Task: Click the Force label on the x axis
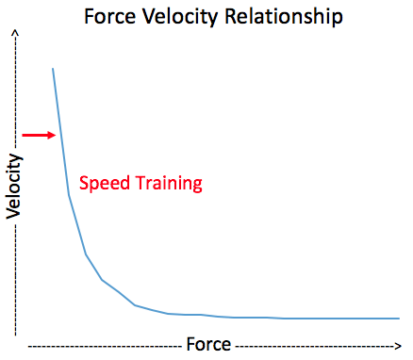click(x=208, y=344)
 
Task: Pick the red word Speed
click(x=103, y=184)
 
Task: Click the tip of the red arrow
click(x=58, y=135)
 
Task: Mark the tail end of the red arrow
click(x=24, y=135)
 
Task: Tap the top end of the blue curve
click(x=53, y=68)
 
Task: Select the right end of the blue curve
click(x=399, y=319)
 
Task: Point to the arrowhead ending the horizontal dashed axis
click(x=400, y=345)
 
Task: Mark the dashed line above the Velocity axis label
click(x=15, y=94)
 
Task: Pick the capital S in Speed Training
click(x=83, y=184)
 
